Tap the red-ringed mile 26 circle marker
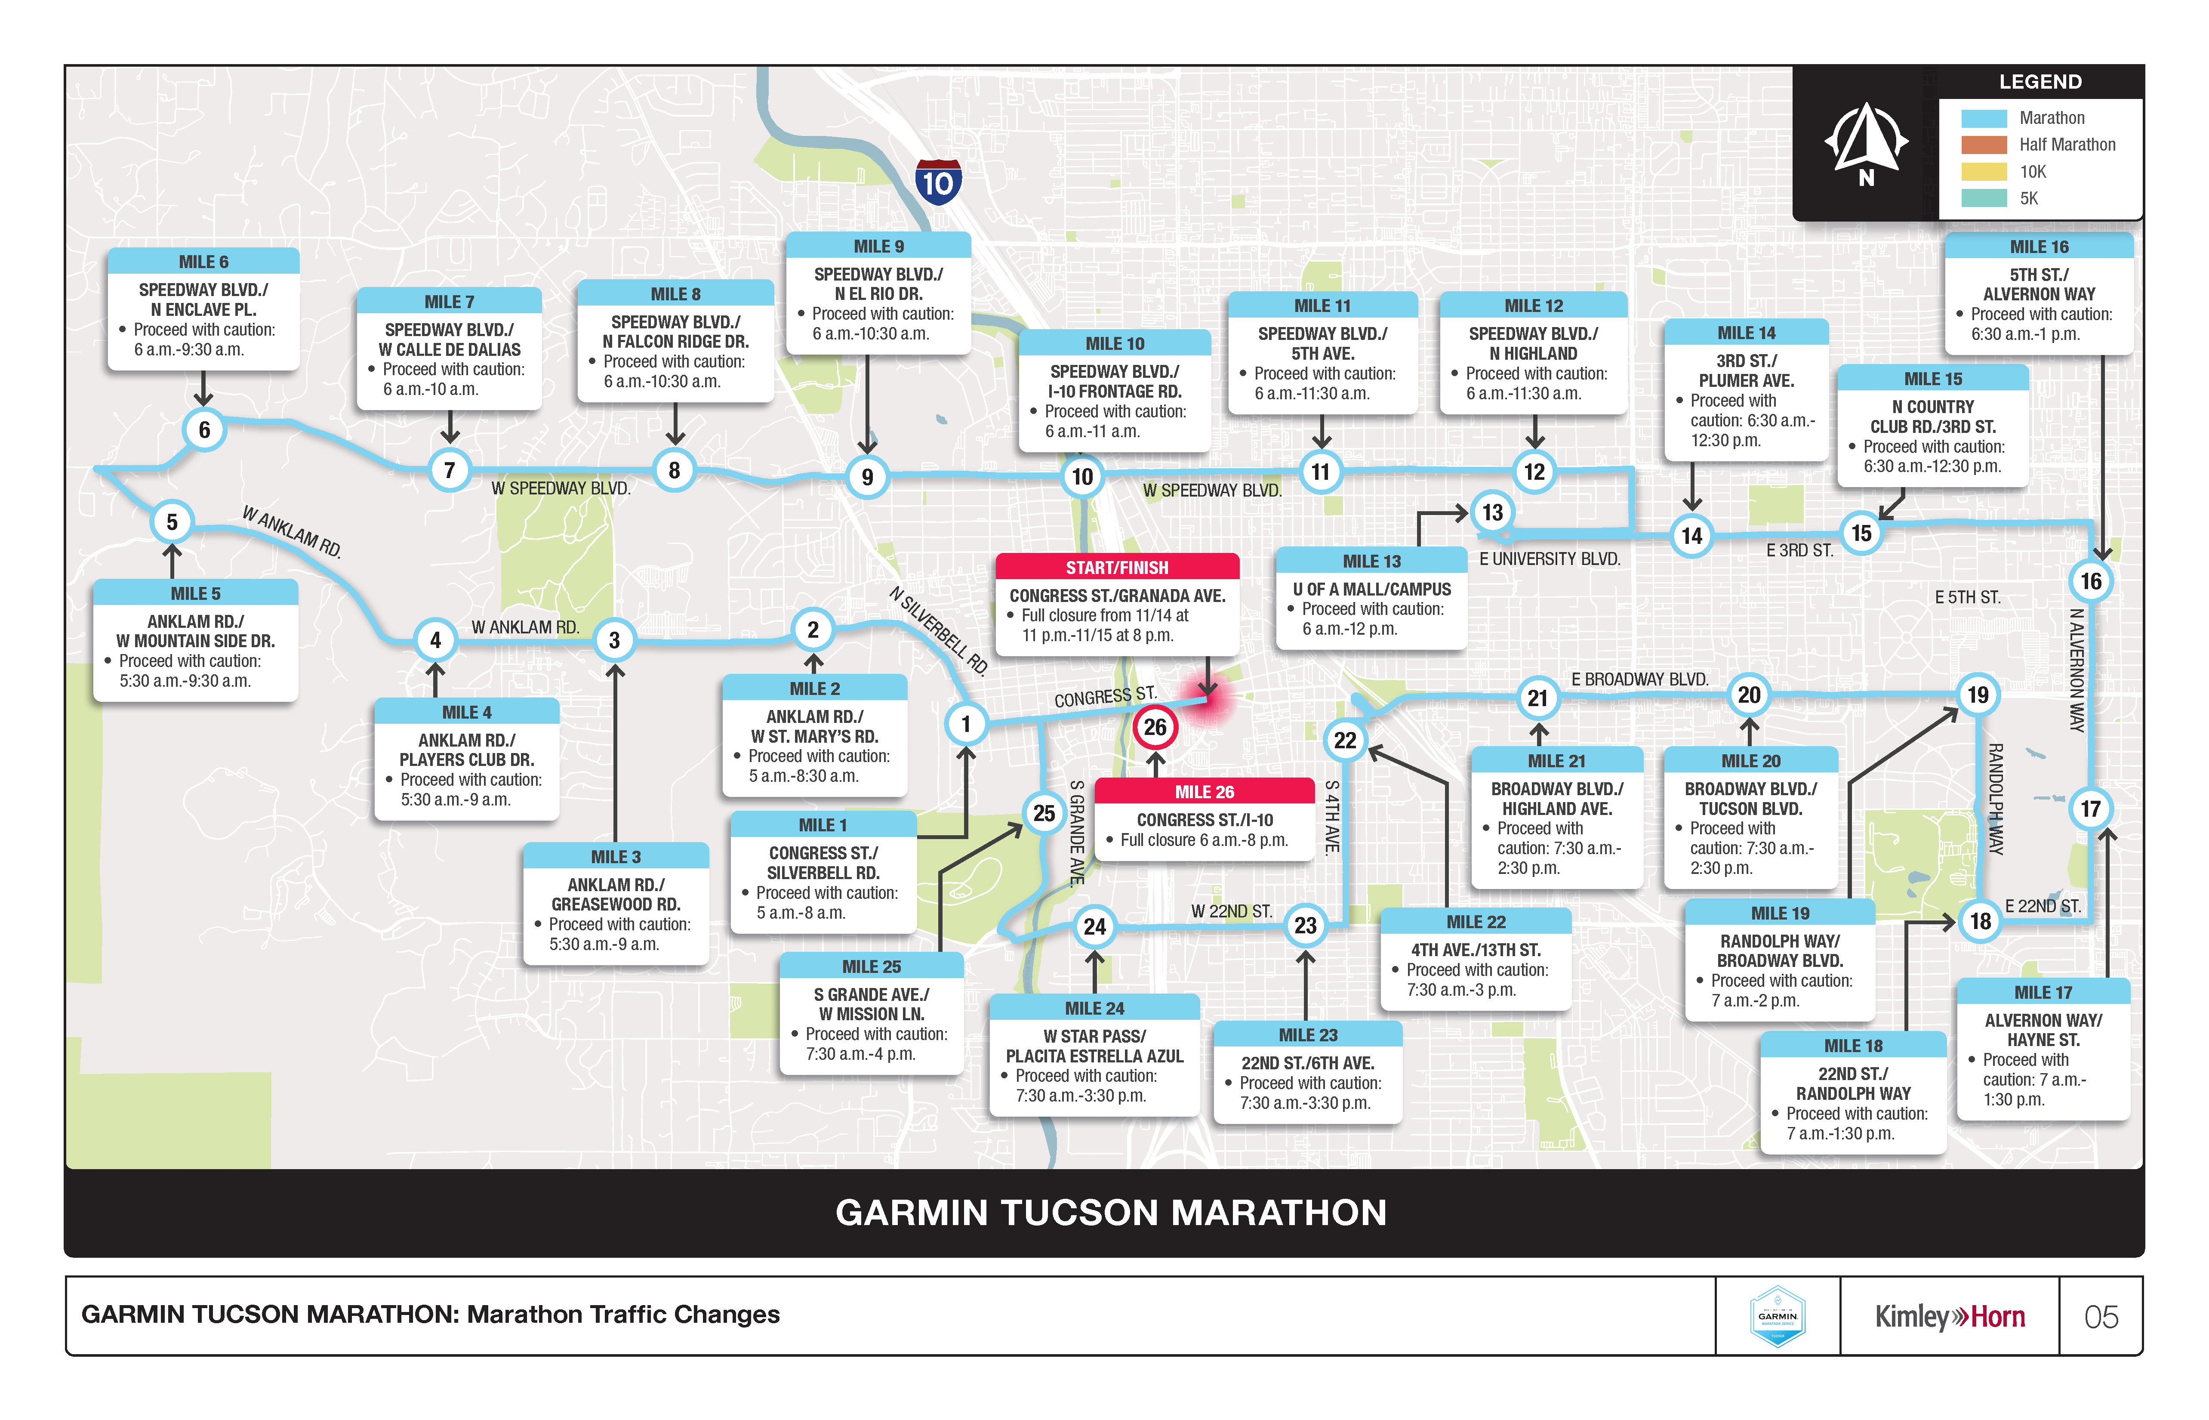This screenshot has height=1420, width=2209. click(x=1155, y=728)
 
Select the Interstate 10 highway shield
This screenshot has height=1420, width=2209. click(x=938, y=182)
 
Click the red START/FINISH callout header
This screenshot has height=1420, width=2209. click(x=1117, y=567)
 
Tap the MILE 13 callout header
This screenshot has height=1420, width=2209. click(x=1371, y=561)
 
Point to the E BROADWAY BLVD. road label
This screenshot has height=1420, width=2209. click(x=1639, y=679)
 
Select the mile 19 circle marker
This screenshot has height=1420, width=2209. click(x=1978, y=695)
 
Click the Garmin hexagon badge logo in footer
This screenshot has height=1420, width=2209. click(x=1777, y=1317)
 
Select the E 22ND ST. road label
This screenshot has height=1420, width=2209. click(x=2042, y=906)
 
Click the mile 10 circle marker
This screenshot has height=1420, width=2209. click(x=1082, y=477)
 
